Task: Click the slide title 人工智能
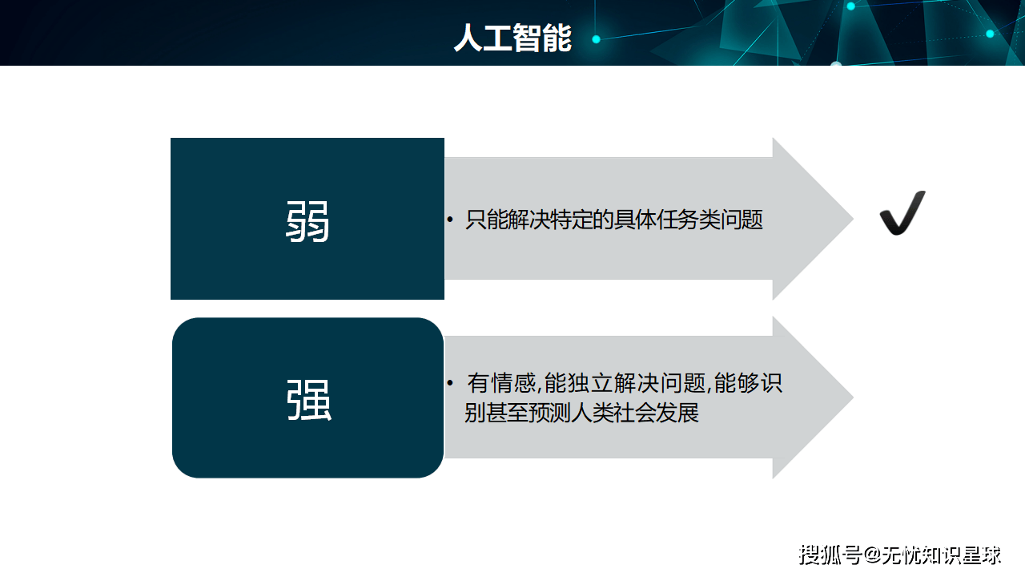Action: coord(512,38)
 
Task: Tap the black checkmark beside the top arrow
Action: coord(902,214)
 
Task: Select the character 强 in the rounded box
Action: coord(308,400)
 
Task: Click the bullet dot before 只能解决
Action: coord(450,219)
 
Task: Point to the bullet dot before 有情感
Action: coord(450,382)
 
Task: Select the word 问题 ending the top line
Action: coord(742,220)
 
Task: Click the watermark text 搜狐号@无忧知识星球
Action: coord(900,555)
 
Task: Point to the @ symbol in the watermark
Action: coord(870,555)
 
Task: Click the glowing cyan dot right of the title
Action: coord(596,38)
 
